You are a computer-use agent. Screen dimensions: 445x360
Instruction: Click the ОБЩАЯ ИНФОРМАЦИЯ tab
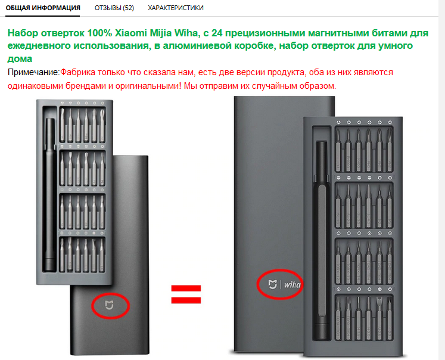[x=43, y=8]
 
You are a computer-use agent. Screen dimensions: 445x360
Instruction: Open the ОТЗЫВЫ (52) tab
[x=114, y=8]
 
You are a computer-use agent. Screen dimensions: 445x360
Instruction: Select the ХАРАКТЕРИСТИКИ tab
[x=175, y=8]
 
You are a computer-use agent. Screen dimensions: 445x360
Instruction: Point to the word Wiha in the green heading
[x=186, y=33]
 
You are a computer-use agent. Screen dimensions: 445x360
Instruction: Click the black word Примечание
[x=33, y=72]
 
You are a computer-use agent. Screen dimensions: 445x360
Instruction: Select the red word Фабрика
[x=77, y=72]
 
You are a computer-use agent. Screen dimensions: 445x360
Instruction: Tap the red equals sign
[x=186, y=294]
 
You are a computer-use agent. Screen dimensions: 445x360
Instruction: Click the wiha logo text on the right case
[x=292, y=284]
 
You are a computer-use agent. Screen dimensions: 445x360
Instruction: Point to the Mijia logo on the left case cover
[x=109, y=305]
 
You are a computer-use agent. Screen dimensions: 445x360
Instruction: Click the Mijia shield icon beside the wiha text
[x=272, y=284]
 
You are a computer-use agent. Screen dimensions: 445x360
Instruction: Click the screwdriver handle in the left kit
[x=50, y=195]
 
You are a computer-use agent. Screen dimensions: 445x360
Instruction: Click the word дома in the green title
[x=20, y=59]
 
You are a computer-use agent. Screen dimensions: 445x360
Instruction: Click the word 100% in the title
[x=99, y=33]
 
